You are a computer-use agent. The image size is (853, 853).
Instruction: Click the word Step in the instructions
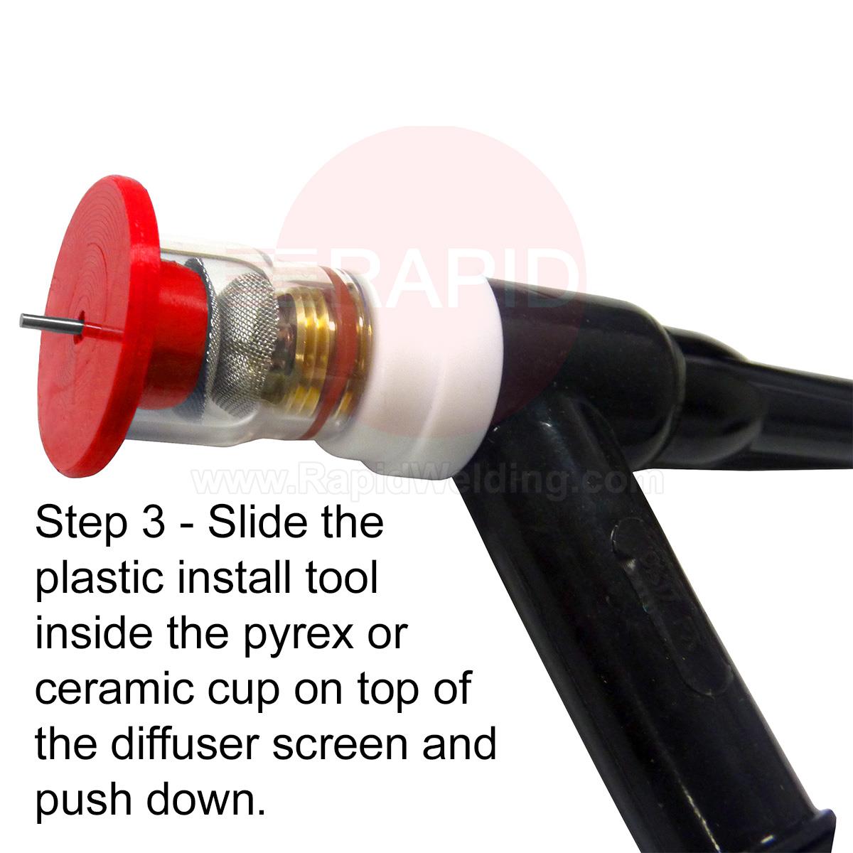coord(81,525)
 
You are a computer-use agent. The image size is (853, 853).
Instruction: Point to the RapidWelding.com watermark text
coord(428,483)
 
